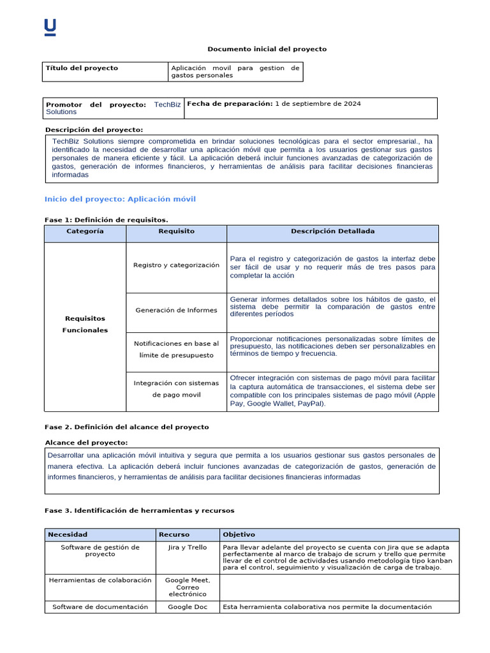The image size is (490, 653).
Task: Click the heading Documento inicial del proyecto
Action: click(267, 49)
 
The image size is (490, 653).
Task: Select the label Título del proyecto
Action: click(82, 68)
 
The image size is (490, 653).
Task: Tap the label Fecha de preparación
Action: click(229, 103)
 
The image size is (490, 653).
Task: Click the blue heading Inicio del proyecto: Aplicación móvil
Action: click(120, 199)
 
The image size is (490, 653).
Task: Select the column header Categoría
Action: click(85, 231)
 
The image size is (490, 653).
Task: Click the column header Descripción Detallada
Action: click(332, 231)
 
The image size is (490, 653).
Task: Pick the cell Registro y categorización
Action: click(176, 265)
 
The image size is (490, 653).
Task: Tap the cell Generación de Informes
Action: click(176, 310)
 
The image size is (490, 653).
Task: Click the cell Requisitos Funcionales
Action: click(85, 324)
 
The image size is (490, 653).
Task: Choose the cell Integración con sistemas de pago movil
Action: click(176, 389)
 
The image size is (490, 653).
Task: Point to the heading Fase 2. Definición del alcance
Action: click(126, 427)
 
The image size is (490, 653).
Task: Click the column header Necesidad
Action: click(68, 534)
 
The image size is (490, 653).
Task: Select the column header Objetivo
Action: click(239, 534)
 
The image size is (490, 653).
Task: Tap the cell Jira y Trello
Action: click(188, 548)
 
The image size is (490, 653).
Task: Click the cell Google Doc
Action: click(188, 607)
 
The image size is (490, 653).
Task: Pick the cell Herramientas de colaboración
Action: click(100, 580)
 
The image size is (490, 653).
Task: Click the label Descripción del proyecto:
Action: click(94, 129)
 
